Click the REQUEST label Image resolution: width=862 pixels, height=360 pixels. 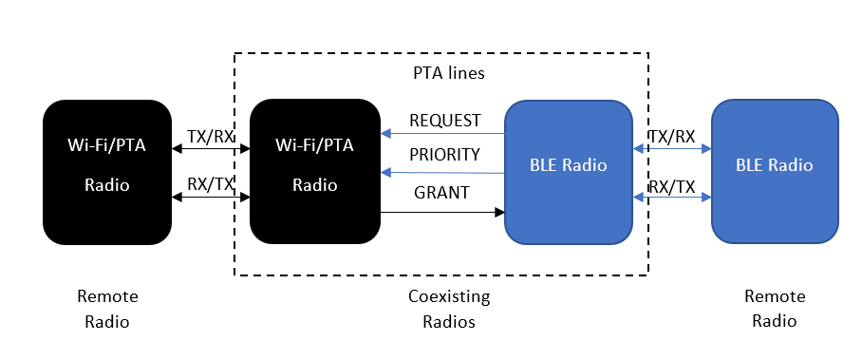[444, 121]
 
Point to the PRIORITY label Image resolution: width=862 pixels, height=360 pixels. [444, 155]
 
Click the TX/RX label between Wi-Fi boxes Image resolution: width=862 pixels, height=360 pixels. [211, 136]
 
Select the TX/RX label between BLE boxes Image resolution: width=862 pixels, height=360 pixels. [672, 136]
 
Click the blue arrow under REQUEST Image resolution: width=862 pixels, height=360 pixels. [442, 135]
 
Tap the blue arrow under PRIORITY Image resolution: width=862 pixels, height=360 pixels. [442, 172]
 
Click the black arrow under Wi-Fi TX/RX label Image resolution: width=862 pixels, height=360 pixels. [211, 149]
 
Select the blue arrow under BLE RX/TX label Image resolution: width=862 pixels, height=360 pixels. [672, 198]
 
